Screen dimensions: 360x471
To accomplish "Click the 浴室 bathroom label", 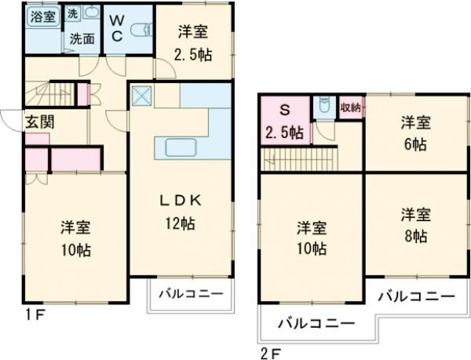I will point(43,16).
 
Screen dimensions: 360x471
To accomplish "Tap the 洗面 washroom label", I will point(82,38).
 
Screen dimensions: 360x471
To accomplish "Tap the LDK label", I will point(181,201).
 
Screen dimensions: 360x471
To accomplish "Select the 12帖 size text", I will point(181,223).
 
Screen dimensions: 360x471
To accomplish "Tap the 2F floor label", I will point(269,351).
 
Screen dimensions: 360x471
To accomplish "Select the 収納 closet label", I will point(351,107).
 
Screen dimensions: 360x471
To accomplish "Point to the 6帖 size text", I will point(416,144).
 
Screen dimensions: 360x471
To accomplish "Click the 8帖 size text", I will point(416,235).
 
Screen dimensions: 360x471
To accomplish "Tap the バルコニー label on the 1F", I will point(191,294).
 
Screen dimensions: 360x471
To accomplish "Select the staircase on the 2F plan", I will point(298,161).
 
